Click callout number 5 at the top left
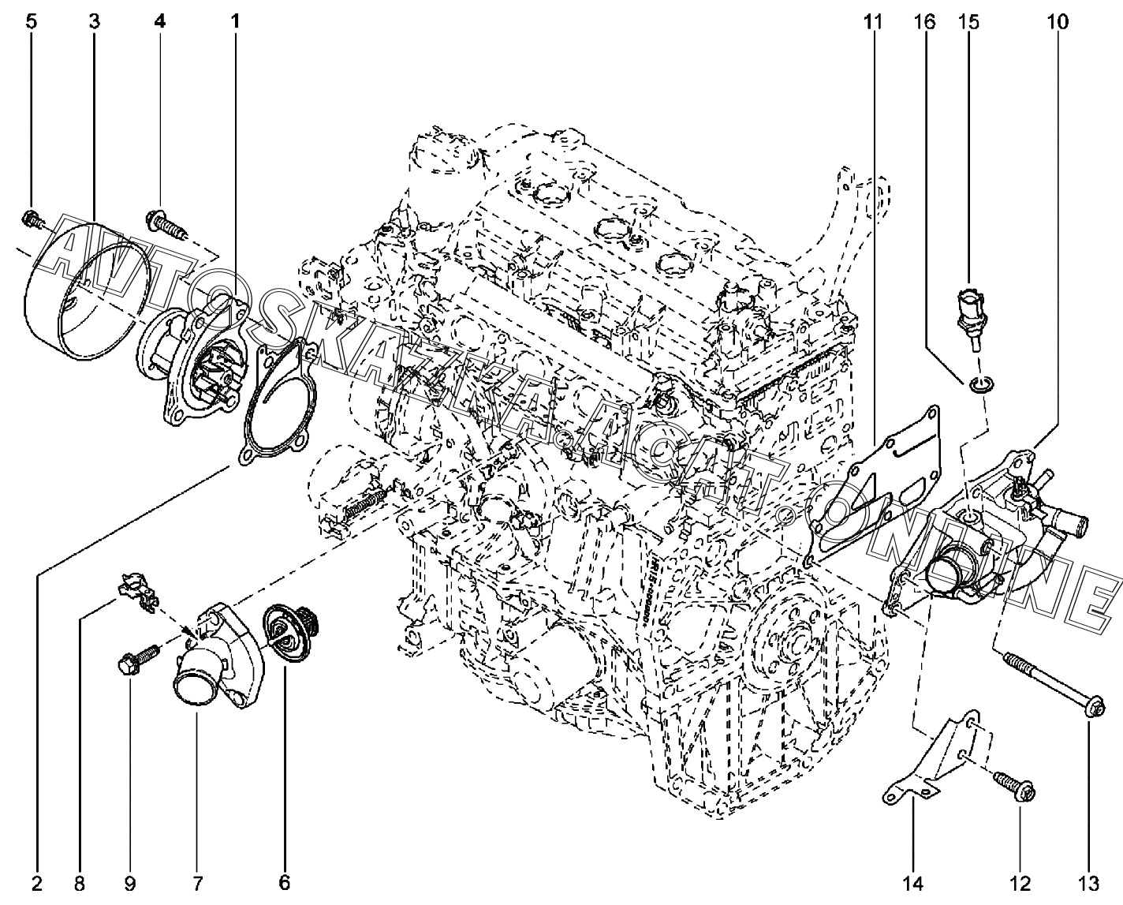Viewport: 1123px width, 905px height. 31,21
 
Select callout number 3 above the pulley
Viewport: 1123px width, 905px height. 94,21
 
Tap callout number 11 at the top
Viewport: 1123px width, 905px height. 872,21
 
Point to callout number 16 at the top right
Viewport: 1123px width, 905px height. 924,21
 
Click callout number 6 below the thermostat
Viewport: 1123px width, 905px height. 284,881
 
